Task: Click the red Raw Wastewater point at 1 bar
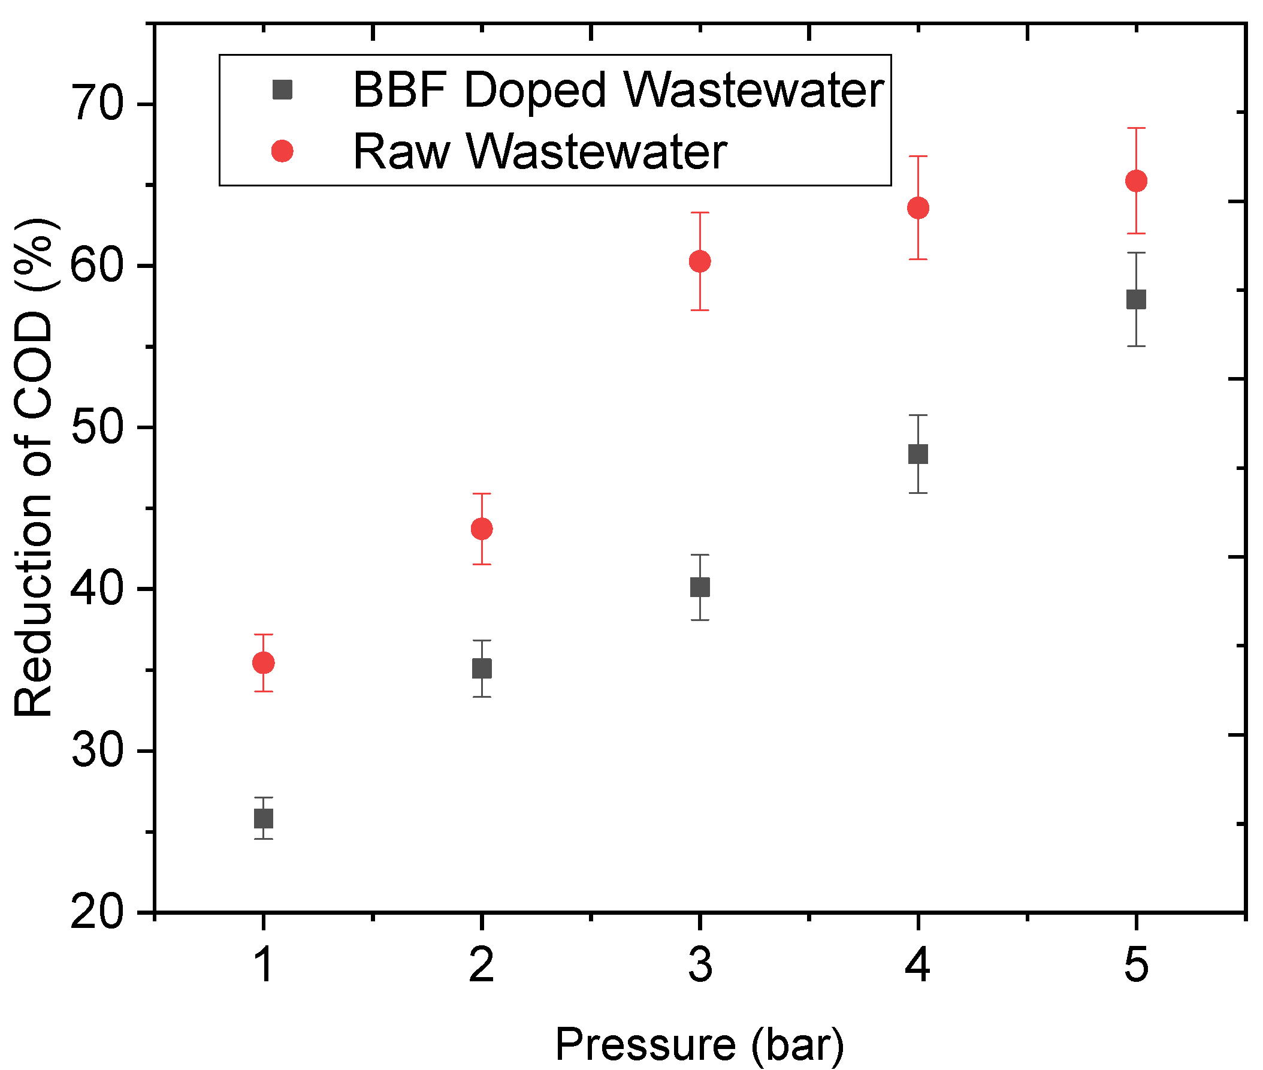(x=263, y=663)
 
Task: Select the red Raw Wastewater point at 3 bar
(x=700, y=261)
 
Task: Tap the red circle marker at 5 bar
(x=1135, y=181)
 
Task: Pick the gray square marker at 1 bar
(x=263, y=818)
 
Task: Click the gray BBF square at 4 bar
(x=918, y=454)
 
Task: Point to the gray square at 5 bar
(x=1135, y=299)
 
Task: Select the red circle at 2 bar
(x=482, y=529)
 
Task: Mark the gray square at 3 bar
(x=700, y=587)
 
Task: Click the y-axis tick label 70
(x=97, y=104)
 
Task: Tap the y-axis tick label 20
(x=97, y=912)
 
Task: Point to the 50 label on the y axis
(x=97, y=427)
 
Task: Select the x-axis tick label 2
(x=482, y=966)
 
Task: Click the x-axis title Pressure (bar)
(x=699, y=1044)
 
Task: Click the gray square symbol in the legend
(x=282, y=90)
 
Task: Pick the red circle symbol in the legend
(x=282, y=150)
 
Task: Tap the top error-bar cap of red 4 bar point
(x=918, y=156)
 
